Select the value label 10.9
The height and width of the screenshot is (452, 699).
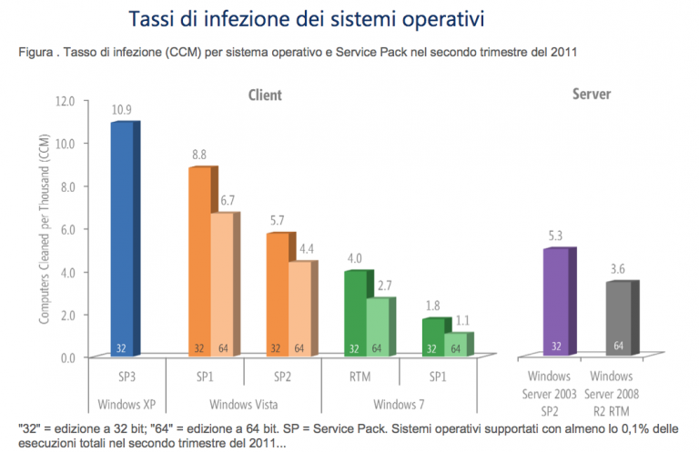coord(123,109)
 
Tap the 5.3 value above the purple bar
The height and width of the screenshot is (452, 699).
coord(555,236)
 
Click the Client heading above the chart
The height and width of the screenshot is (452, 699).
coord(265,95)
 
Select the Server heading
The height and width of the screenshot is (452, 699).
coord(591,95)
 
